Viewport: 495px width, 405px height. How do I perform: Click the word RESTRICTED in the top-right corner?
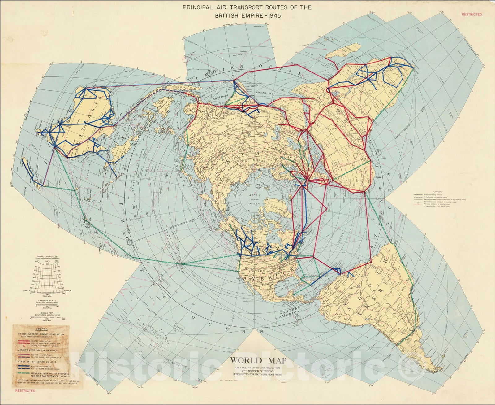472,14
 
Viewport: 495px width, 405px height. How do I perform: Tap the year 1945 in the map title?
271,16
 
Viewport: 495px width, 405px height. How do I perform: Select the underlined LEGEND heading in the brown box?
41,329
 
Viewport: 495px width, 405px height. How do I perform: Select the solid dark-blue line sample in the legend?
24,366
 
